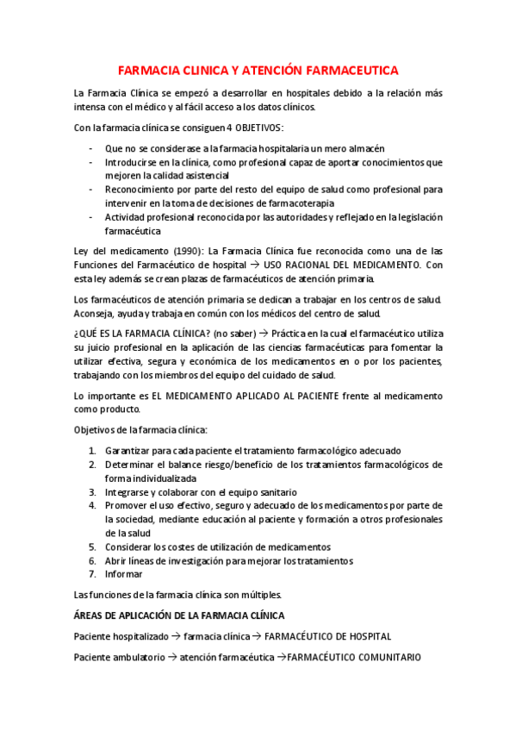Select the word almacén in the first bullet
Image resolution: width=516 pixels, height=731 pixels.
tap(365, 148)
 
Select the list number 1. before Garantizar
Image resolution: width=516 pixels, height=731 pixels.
tap(93, 451)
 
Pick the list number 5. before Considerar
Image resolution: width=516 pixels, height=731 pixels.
tap(93, 547)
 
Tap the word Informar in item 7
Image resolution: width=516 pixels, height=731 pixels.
tap(124, 574)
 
